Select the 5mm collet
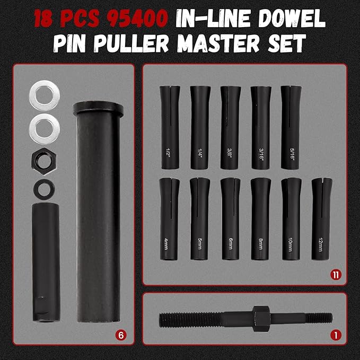point(200,218)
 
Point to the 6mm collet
point(230,218)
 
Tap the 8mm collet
point(260,218)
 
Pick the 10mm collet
point(291,218)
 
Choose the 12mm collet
point(322,218)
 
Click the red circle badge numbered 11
point(335,275)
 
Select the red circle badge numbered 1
point(335,335)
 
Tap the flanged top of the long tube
point(98,110)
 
